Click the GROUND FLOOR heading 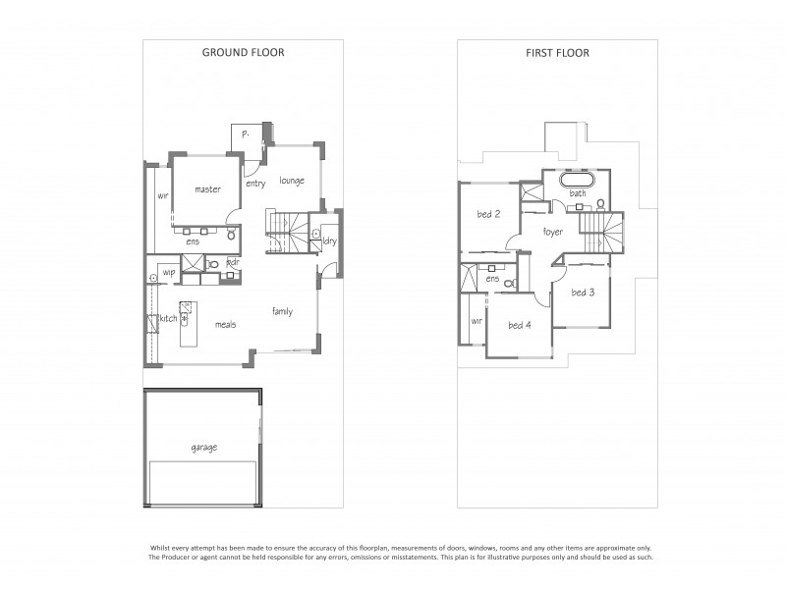tap(243, 52)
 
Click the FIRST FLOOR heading tap(557, 52)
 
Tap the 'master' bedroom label tap(207, 189)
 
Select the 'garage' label tap(204, 448)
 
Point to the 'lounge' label tap(291, 181)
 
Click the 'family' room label tap(283, 311)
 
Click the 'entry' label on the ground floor tap(255, 184)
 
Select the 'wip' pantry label tap(169, 272)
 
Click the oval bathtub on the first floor tap(579, 182)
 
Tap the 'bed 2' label tap(488, 214)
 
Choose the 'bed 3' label tap(583, 292)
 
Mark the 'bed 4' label tap(520, 325)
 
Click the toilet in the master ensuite tap(230, 236)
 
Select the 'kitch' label tap(168, 319)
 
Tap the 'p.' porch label tap(245, 133)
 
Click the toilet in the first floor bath tap(600, 205)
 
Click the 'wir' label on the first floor tap(477, 320)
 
